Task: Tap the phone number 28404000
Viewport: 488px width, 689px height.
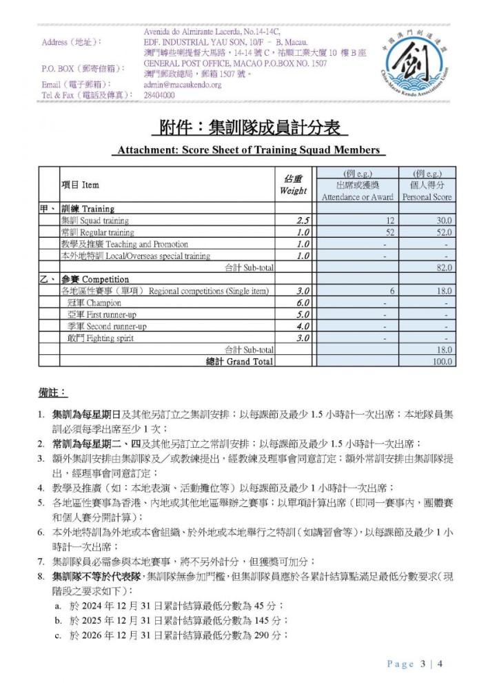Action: point(160,95)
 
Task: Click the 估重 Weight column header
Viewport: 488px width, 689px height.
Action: point(293,185)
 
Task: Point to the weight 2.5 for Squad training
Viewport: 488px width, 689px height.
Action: point(302,221)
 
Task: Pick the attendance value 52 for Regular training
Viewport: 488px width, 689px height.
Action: point(389,233)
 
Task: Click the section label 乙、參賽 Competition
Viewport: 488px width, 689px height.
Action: point(85,280)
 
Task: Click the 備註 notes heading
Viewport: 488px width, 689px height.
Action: point(52,393)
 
